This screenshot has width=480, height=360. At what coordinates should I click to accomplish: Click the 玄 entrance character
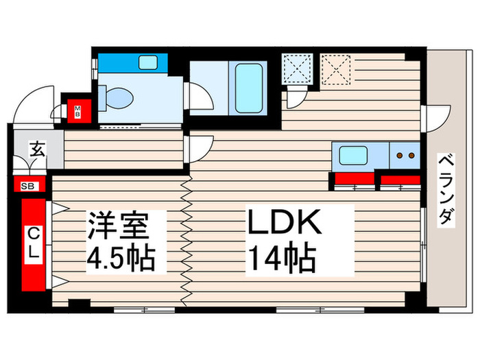click(x=38, y=149)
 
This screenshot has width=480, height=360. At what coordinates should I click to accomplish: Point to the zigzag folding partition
click(x=185, y=240)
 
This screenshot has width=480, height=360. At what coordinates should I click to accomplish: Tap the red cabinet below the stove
click(x=400, y=182)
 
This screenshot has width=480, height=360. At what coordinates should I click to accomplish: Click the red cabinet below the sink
click(x=353, y=182)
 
